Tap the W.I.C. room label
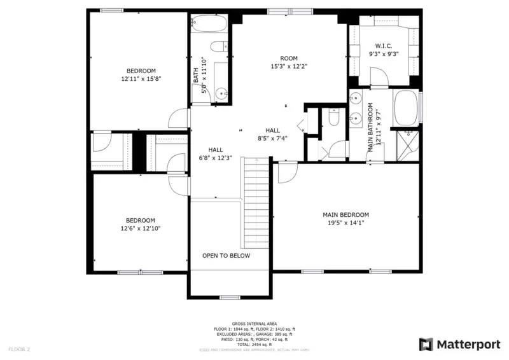tap(383, 46)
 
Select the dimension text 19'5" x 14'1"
tap(345, 223)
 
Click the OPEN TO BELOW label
tap(226, 256)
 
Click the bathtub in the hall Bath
tap(209, 24)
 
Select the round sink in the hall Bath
tap(222, 93)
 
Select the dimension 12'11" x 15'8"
tap(141, 80)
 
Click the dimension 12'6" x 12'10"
tap(140, 228)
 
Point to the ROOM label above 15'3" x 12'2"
tap(280, 58)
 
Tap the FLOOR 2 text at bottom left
tap(18, 349)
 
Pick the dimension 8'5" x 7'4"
tap(273, 138)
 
